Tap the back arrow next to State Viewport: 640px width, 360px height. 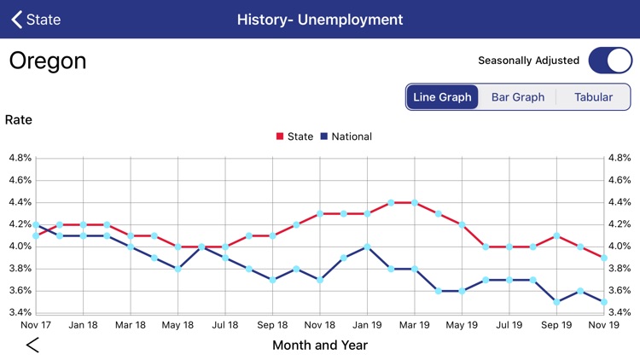tap(17, 19)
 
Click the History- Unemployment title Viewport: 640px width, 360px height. tap(320, 19)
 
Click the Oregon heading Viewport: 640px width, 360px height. tap(48, 61)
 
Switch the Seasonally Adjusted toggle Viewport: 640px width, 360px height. tap(610, 61)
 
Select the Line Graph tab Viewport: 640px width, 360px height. tap(442, 97)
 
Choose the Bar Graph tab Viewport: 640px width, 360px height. tap(517, 97)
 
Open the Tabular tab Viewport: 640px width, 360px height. tap(593, 97)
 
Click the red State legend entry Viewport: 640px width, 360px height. tap(295, 136)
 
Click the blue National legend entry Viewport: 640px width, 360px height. tap(346, 136)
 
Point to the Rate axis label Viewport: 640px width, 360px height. tap(19, 119)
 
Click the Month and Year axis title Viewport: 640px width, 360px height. tap(320, 345)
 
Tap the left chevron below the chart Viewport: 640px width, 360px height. tap(32, 345)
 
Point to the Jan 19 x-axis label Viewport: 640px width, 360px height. tap(367, 325)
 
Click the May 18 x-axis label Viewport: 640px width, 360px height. tap(177, 325)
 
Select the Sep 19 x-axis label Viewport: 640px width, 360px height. tap(556, 325)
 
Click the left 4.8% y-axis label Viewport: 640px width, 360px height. tap(20, 158)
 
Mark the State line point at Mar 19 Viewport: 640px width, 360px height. tap(415, 203)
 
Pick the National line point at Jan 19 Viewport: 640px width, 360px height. tap(367, 247)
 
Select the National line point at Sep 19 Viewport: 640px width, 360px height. tap(556, 302)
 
